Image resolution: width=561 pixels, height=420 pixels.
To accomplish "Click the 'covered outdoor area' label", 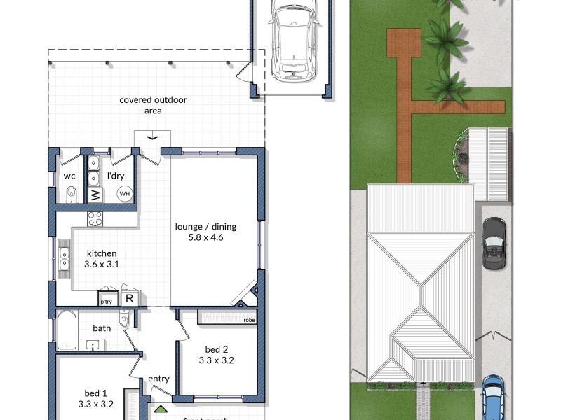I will click(x=153, y=105).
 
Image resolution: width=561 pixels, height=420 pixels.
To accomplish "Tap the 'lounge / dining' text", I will click(x=205, y=226).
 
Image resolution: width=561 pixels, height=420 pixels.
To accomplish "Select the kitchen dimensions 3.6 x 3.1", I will click(x=102, y=265).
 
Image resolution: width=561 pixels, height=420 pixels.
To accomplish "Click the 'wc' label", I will click(x=69, y=176).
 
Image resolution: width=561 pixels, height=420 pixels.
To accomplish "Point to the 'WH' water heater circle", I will click(x=124, y=194).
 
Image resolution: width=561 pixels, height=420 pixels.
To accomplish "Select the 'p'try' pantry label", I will click(x=107, y=301).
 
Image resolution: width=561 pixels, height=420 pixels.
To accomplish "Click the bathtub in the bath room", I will click(x=67, y=330).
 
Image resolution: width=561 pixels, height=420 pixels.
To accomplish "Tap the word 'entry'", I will click(x=158, y=379).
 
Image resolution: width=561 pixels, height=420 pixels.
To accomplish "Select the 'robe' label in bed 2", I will click(x=249, y=320).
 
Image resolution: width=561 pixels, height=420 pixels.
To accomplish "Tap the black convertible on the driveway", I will click(x=494, y=242).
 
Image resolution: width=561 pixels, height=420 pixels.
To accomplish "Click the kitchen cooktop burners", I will click(x=95, y=219).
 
